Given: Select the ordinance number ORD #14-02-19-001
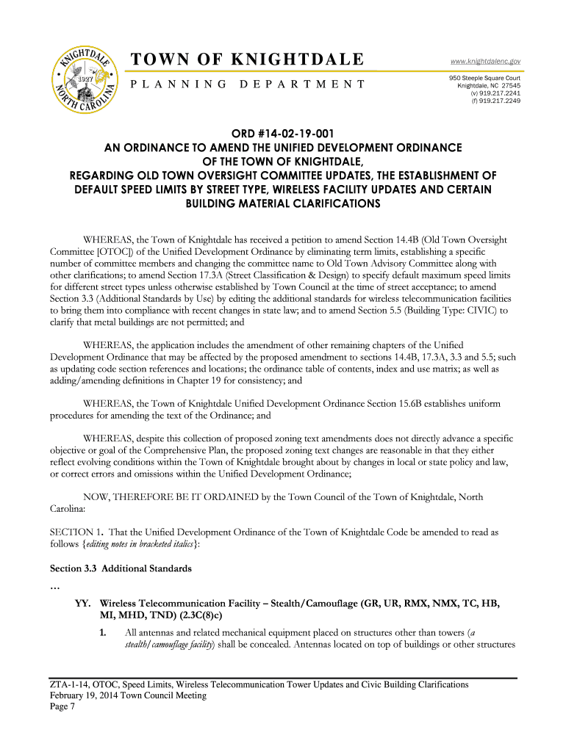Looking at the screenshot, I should pyautogui.click(x=282, y=134).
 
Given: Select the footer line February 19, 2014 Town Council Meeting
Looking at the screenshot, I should pyautogui.click(x=128, y=695).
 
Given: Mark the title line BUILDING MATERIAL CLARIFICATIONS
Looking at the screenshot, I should pyautogui.click(x=282, y=203).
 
